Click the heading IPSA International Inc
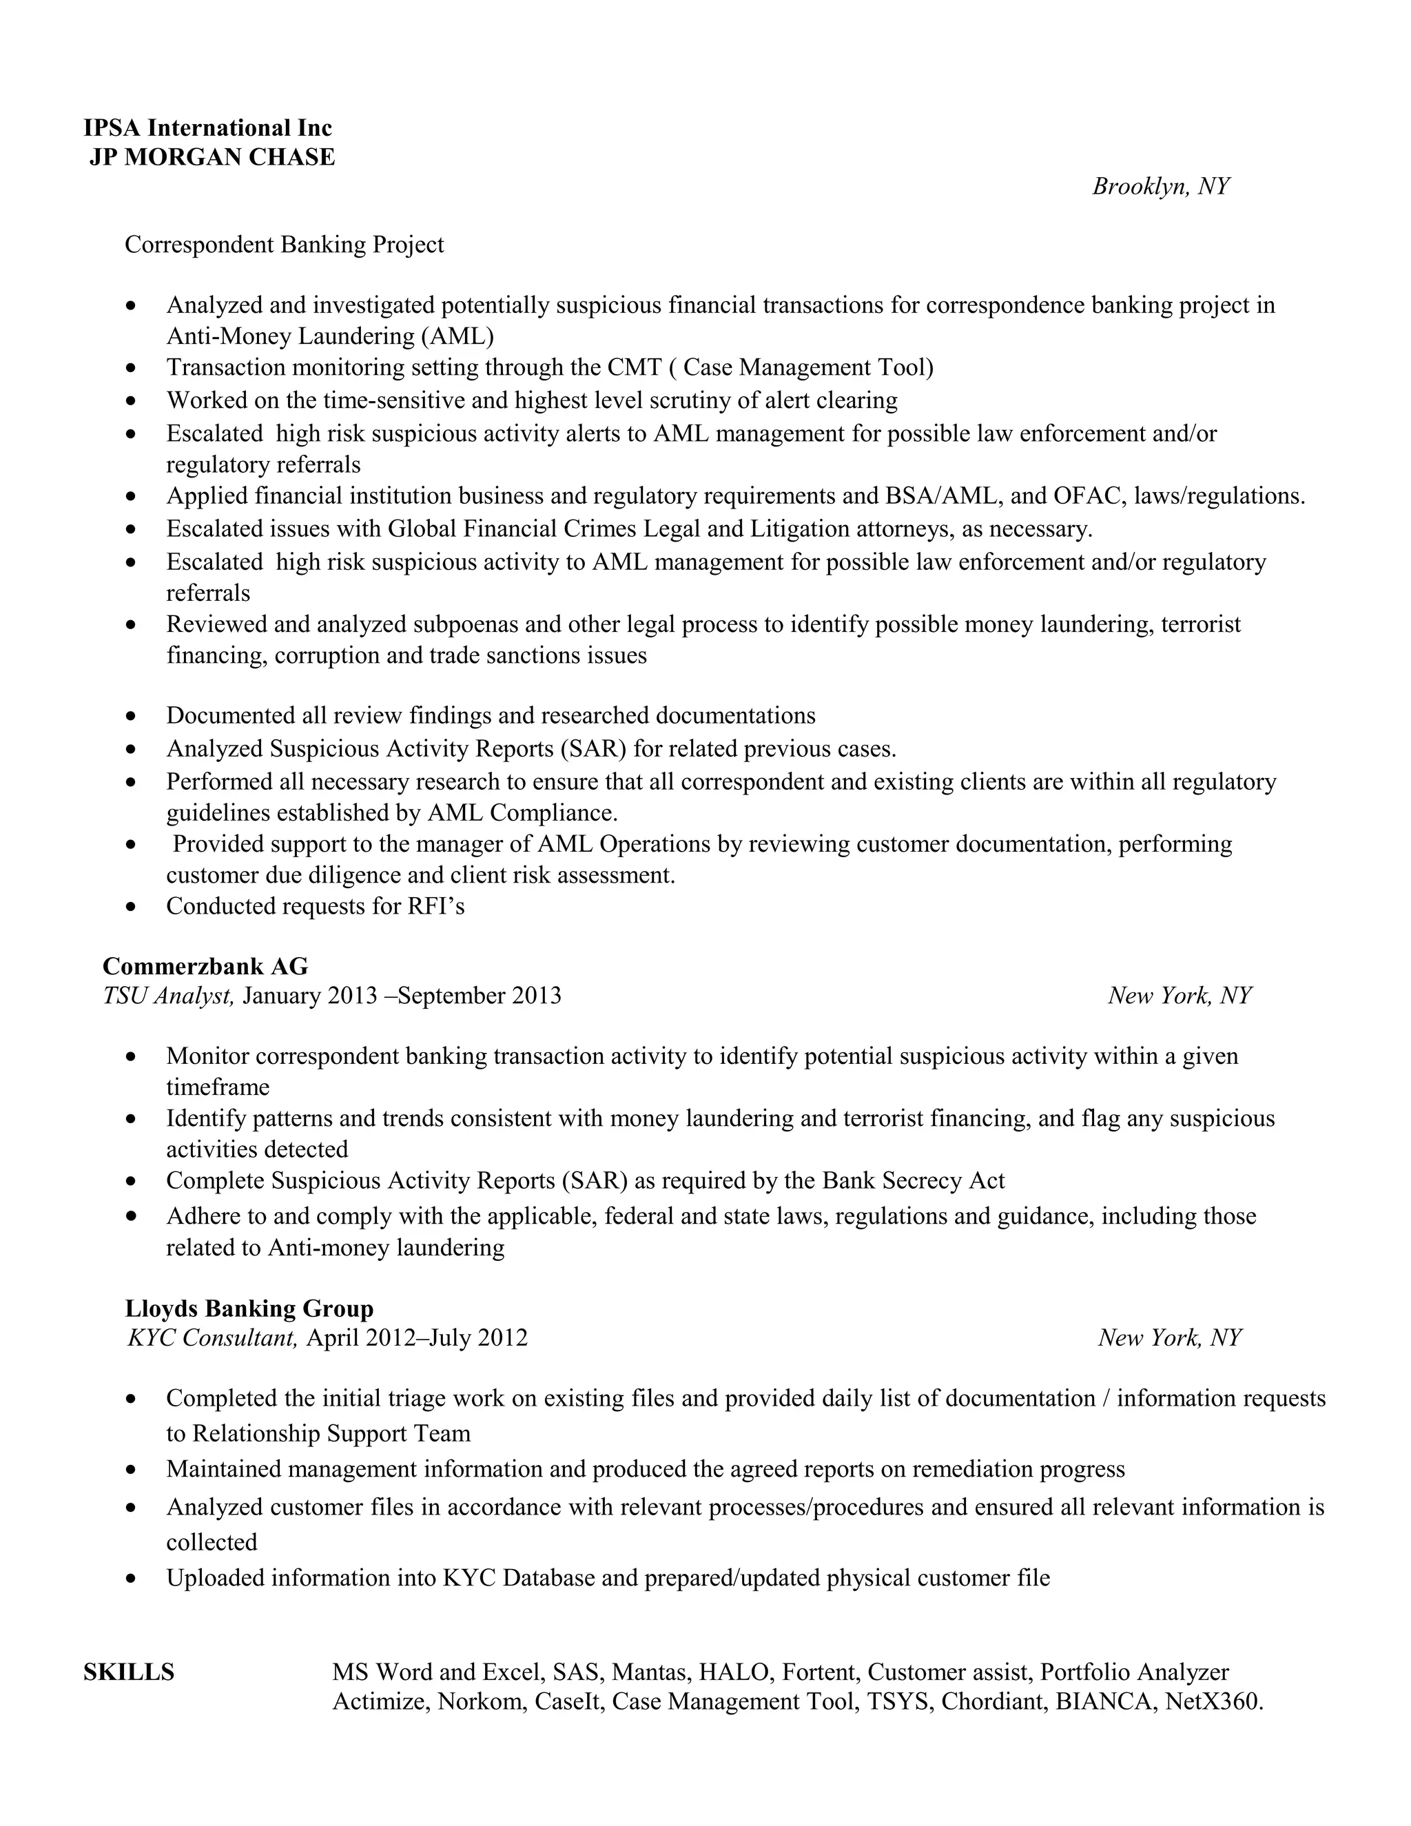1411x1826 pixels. point(207,128)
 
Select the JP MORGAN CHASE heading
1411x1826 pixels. point(212,157)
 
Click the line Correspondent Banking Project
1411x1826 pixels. point(285,245)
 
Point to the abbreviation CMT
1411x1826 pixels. point(635,367)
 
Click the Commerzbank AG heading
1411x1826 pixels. point(205,967)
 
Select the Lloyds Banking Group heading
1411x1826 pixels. point(249,1309)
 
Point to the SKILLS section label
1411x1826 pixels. point(129,1672)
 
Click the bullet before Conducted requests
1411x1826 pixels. point(130,906)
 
